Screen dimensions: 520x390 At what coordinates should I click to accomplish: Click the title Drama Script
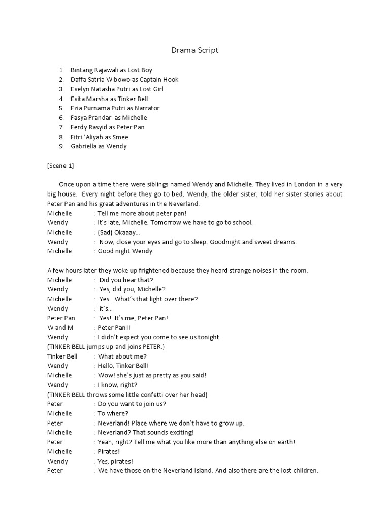coord(194,50)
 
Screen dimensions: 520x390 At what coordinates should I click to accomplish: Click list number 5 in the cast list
coord(61,108)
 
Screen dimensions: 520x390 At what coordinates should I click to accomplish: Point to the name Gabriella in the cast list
coord(85,146)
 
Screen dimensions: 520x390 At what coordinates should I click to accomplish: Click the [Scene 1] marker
coord(60,166)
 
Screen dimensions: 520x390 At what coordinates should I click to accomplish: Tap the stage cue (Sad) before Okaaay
coord(106,232)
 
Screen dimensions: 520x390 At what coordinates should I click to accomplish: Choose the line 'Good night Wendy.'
coord(125,251)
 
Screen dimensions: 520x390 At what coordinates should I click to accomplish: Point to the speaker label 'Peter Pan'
coord(61,318)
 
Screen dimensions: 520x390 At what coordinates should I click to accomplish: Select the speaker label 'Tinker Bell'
coord(62,356)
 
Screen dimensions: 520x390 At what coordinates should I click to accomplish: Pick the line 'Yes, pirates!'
coord(116,461)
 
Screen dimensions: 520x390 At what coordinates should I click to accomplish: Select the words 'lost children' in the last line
coord(298,470)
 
